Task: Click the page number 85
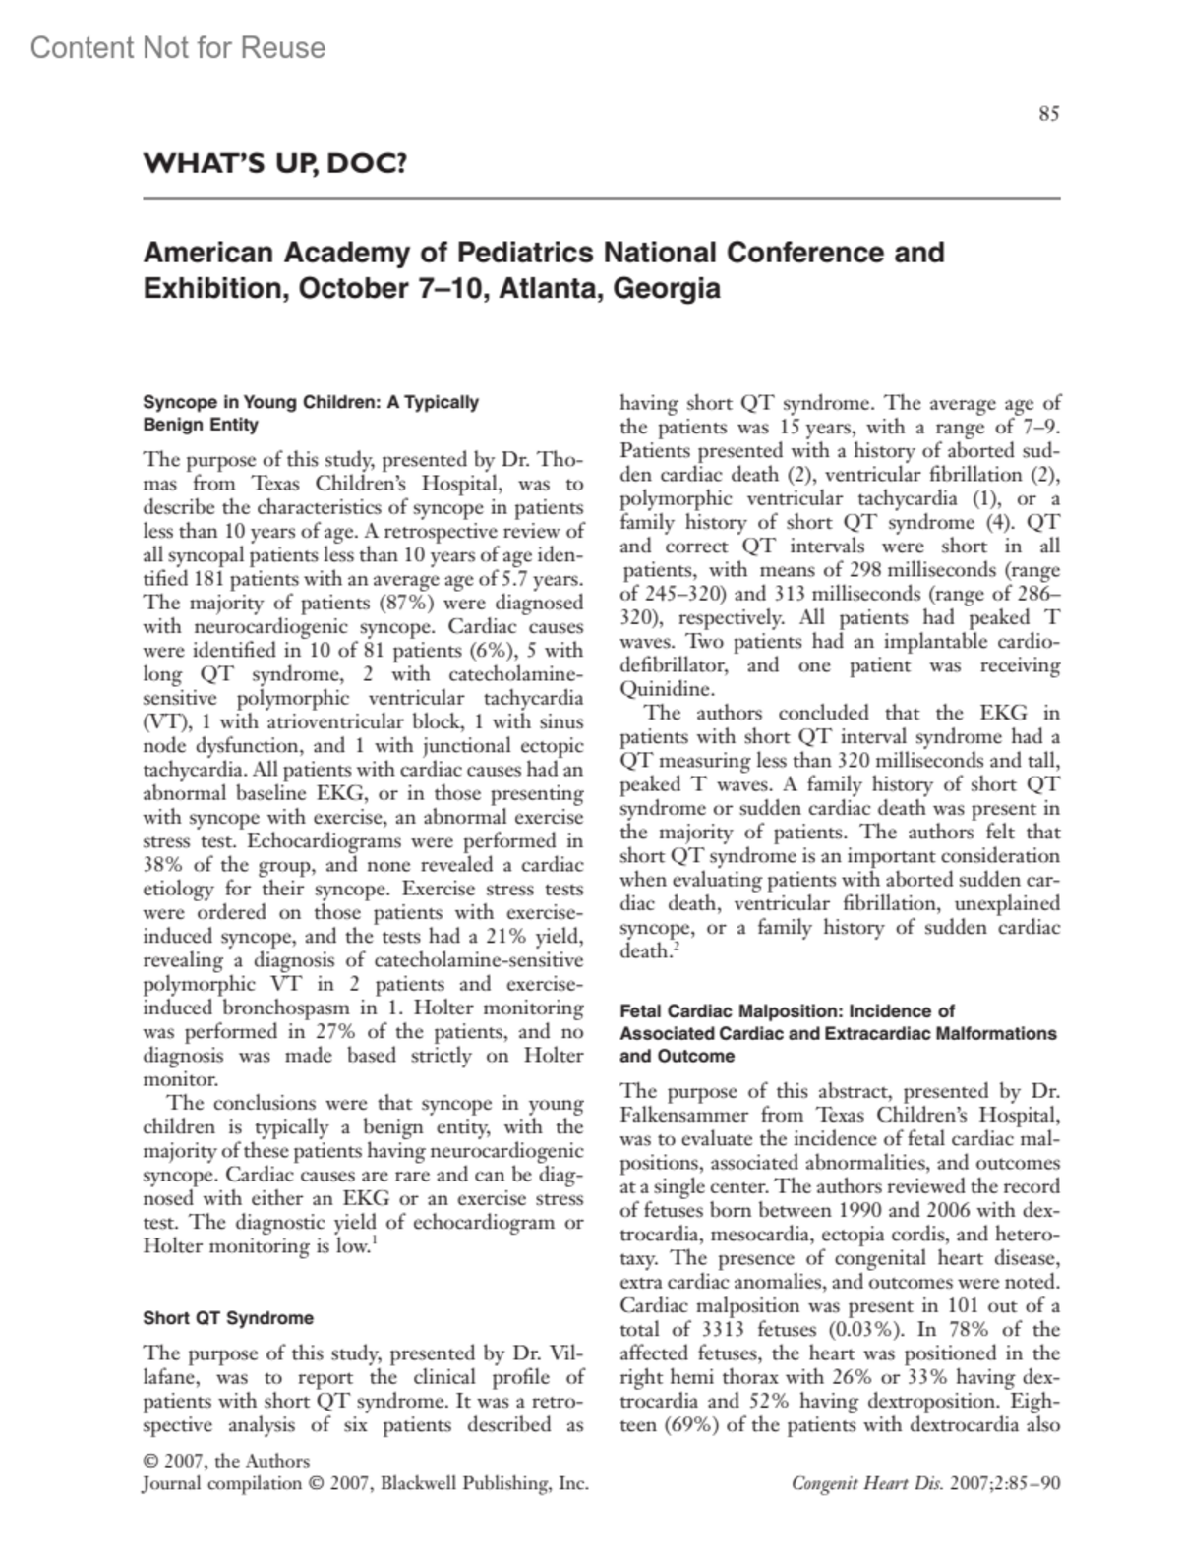tap(1048, 114)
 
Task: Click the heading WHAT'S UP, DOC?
tap(274, 163)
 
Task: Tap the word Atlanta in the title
tap(550, 289)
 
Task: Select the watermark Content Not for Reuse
tap(178, 47)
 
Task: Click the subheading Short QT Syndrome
tap(228, 1318)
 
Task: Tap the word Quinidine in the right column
tap(666, 689)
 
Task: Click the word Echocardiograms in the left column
tap(317, 841)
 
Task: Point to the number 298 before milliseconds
tap(864, 570)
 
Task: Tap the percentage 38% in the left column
tap(162, 866)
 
